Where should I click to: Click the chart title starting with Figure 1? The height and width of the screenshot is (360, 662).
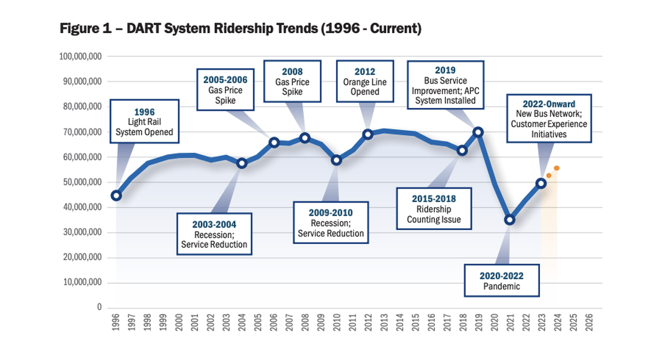tap(240, 28)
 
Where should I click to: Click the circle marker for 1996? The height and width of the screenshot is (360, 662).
tap(116, 195)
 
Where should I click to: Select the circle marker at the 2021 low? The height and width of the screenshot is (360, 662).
tap(510, 219)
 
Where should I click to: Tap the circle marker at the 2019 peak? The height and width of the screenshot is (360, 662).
tap(478, 132)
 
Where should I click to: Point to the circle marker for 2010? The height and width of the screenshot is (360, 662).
tap(336, 160)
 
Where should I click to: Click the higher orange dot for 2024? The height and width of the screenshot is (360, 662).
tap(556, 168)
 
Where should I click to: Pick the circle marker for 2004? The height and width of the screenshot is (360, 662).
tap(242, 163)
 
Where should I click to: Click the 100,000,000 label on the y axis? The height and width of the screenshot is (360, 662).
tap(81, 56)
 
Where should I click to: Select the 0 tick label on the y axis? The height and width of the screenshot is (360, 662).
tap(99, 307)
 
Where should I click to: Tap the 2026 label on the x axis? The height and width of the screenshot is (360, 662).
tap(589, 324)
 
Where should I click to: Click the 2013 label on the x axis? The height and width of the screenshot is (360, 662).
tap(383, 324)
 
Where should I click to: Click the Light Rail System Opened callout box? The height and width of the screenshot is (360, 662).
tap(144, 121)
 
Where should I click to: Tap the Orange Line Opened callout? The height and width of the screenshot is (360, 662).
tap(365, 82)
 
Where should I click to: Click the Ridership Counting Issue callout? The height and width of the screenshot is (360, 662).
tap(434, 209)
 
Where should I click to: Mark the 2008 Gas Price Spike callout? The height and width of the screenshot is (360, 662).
tap(292, 81)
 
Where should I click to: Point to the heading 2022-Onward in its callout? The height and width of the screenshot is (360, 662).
tap(549, 104)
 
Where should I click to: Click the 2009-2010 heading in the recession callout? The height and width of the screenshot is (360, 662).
tap(330, 213)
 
